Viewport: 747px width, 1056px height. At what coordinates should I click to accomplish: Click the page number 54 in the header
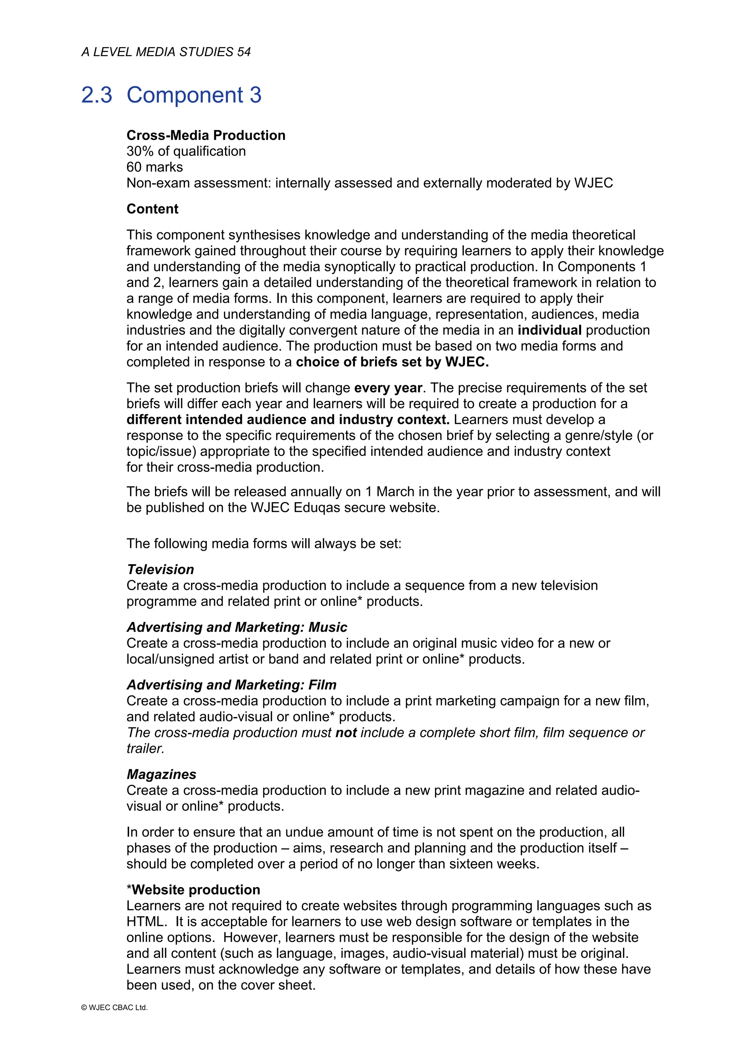click(244, 52)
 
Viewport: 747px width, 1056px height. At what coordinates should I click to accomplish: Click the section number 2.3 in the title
click(97, 95)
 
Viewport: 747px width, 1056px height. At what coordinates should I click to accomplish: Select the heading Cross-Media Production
click(206, 135)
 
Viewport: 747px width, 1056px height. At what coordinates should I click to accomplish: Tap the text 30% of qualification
click(186, 151)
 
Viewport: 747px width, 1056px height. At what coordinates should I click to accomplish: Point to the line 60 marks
click(155, 167)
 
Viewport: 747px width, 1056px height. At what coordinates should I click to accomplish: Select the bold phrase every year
click(388, 388)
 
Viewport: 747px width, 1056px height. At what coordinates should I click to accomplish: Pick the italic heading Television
click(160, 569)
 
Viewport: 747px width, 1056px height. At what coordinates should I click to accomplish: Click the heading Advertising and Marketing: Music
click(236, 627)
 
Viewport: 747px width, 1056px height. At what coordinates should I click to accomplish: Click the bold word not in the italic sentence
click(346, 733)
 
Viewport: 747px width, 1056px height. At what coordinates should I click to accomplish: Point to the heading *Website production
click(193, 890)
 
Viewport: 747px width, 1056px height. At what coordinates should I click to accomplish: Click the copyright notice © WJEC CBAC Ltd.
click(114, 1008)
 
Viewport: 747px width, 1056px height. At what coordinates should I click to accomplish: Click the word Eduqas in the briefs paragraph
click(306, 508)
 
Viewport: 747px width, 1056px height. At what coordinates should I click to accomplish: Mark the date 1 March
click(391, 492)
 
